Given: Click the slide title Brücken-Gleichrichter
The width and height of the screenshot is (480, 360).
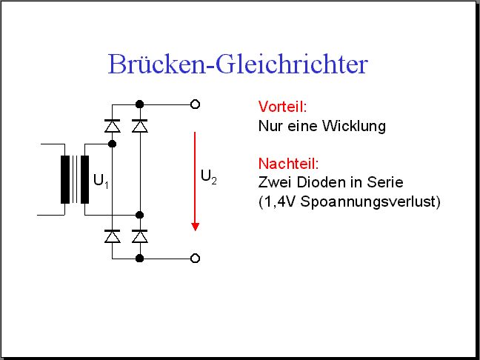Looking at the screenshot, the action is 238,64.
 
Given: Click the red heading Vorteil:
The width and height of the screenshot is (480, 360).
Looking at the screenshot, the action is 282,107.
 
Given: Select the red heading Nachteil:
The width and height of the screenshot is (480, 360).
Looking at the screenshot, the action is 288,164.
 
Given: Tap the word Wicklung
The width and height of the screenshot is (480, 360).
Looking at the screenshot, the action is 354,126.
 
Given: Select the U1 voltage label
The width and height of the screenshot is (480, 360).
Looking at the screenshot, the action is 101,181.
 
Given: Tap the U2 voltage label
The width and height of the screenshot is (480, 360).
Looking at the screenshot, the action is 209,177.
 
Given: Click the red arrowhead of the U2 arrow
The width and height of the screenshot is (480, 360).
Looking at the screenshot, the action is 196,227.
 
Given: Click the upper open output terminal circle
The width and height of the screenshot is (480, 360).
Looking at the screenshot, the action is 196,104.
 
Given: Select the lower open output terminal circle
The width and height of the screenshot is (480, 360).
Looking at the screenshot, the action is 196,259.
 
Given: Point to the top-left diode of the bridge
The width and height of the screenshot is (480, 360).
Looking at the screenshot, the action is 113,126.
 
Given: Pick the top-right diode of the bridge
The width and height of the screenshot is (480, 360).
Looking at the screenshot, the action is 140,126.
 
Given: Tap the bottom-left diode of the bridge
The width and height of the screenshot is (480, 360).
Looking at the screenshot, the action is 113,236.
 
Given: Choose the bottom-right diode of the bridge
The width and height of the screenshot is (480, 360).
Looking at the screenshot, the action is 140,236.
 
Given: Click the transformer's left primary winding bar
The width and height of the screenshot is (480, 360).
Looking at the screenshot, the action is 65,180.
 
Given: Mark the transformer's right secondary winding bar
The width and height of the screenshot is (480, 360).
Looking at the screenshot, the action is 84,180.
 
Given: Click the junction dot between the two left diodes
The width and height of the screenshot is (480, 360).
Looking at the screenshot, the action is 113,144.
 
